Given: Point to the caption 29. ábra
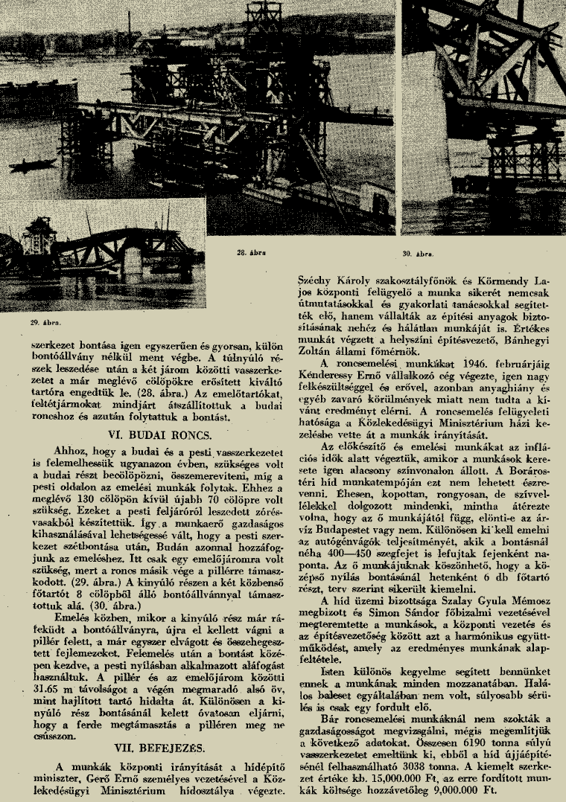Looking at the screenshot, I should (45, 322).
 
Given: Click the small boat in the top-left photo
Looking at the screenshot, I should (34, 161).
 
